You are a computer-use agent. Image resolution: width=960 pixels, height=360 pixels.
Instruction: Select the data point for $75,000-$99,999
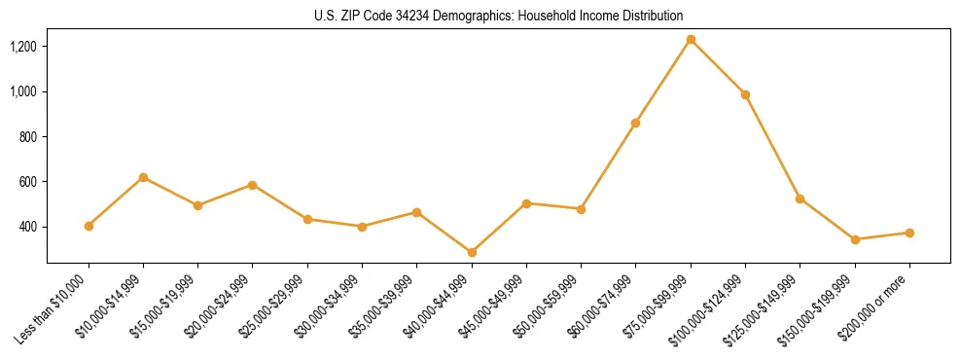pos(691,40)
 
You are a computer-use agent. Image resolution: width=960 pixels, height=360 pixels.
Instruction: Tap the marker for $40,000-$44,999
pos(472,252)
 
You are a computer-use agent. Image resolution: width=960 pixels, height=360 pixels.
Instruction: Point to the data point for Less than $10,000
pos(89,226)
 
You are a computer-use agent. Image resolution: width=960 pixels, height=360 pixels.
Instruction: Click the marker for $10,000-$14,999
pos(143,177)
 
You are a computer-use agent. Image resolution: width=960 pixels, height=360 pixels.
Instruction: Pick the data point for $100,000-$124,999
pos(745,94)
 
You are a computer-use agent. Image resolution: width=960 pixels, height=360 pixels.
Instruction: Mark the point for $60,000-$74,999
pos(635,123)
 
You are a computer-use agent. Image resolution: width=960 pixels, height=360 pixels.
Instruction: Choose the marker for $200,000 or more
pos(909,233)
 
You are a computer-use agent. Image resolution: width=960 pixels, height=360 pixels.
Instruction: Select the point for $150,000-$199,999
pos(855,239)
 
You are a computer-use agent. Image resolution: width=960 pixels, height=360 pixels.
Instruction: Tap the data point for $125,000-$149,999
pos(800,198)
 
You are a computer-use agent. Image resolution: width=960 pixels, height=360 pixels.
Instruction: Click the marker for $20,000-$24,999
pos(253,185)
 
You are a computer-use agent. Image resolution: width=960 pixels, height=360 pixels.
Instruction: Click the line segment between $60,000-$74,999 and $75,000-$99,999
pos(663,81)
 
